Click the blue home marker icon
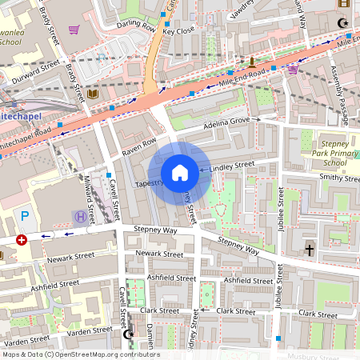click(180, 173)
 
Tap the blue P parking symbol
click(25, 215)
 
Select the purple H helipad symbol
click(79, 216)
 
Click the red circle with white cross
click(21, 239)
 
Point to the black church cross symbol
click(310, 250)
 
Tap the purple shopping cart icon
click(74, 30)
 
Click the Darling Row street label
click(136, 26)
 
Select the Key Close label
click(178, 30)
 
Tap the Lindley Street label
click(232, 165)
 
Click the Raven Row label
click(138, 146)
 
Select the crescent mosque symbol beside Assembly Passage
click(344, 25)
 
